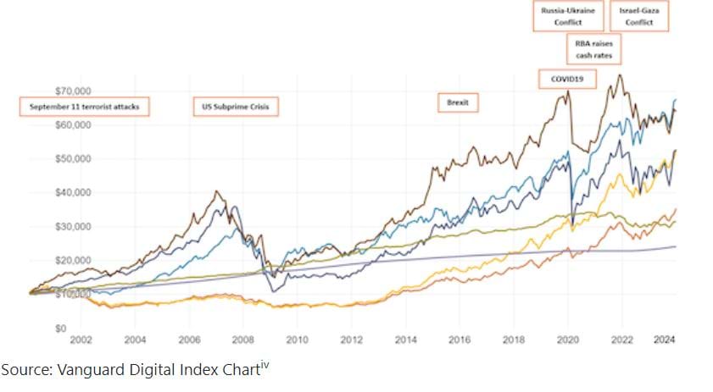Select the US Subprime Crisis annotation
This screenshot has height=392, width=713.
point(235,107)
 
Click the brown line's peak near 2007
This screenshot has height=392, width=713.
point(218,192)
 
